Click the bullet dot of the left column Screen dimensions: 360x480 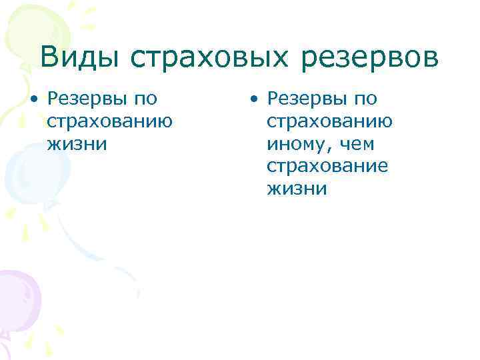34,100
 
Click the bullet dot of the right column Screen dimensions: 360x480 253,100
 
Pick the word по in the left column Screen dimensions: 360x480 145,99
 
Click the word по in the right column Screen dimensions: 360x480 365,99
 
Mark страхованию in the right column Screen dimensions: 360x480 329,121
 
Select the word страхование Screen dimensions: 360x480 327,167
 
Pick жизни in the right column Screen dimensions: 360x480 297,189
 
